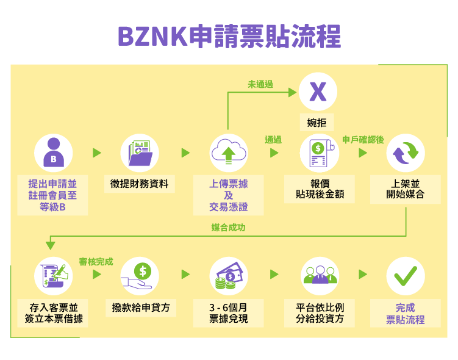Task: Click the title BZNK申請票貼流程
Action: (229, 36)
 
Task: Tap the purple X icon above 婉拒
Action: (318, 92)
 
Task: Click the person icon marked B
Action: (53, 153)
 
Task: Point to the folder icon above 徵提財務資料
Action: (140, 153)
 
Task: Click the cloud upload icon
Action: (229, 153)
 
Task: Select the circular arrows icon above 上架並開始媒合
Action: (406, 153)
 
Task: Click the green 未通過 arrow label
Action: (260, 84)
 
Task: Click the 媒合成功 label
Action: (229, 228)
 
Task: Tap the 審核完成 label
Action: (96, 262)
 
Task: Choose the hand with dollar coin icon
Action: (140, 275)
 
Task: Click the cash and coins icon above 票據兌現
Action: (229, 275)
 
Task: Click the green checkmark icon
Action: (406, 275)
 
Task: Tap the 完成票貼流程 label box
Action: (406, 313)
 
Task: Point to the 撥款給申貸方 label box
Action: (140, 307)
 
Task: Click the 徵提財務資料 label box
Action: (140, 184)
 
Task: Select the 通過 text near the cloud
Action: (273, 140)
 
